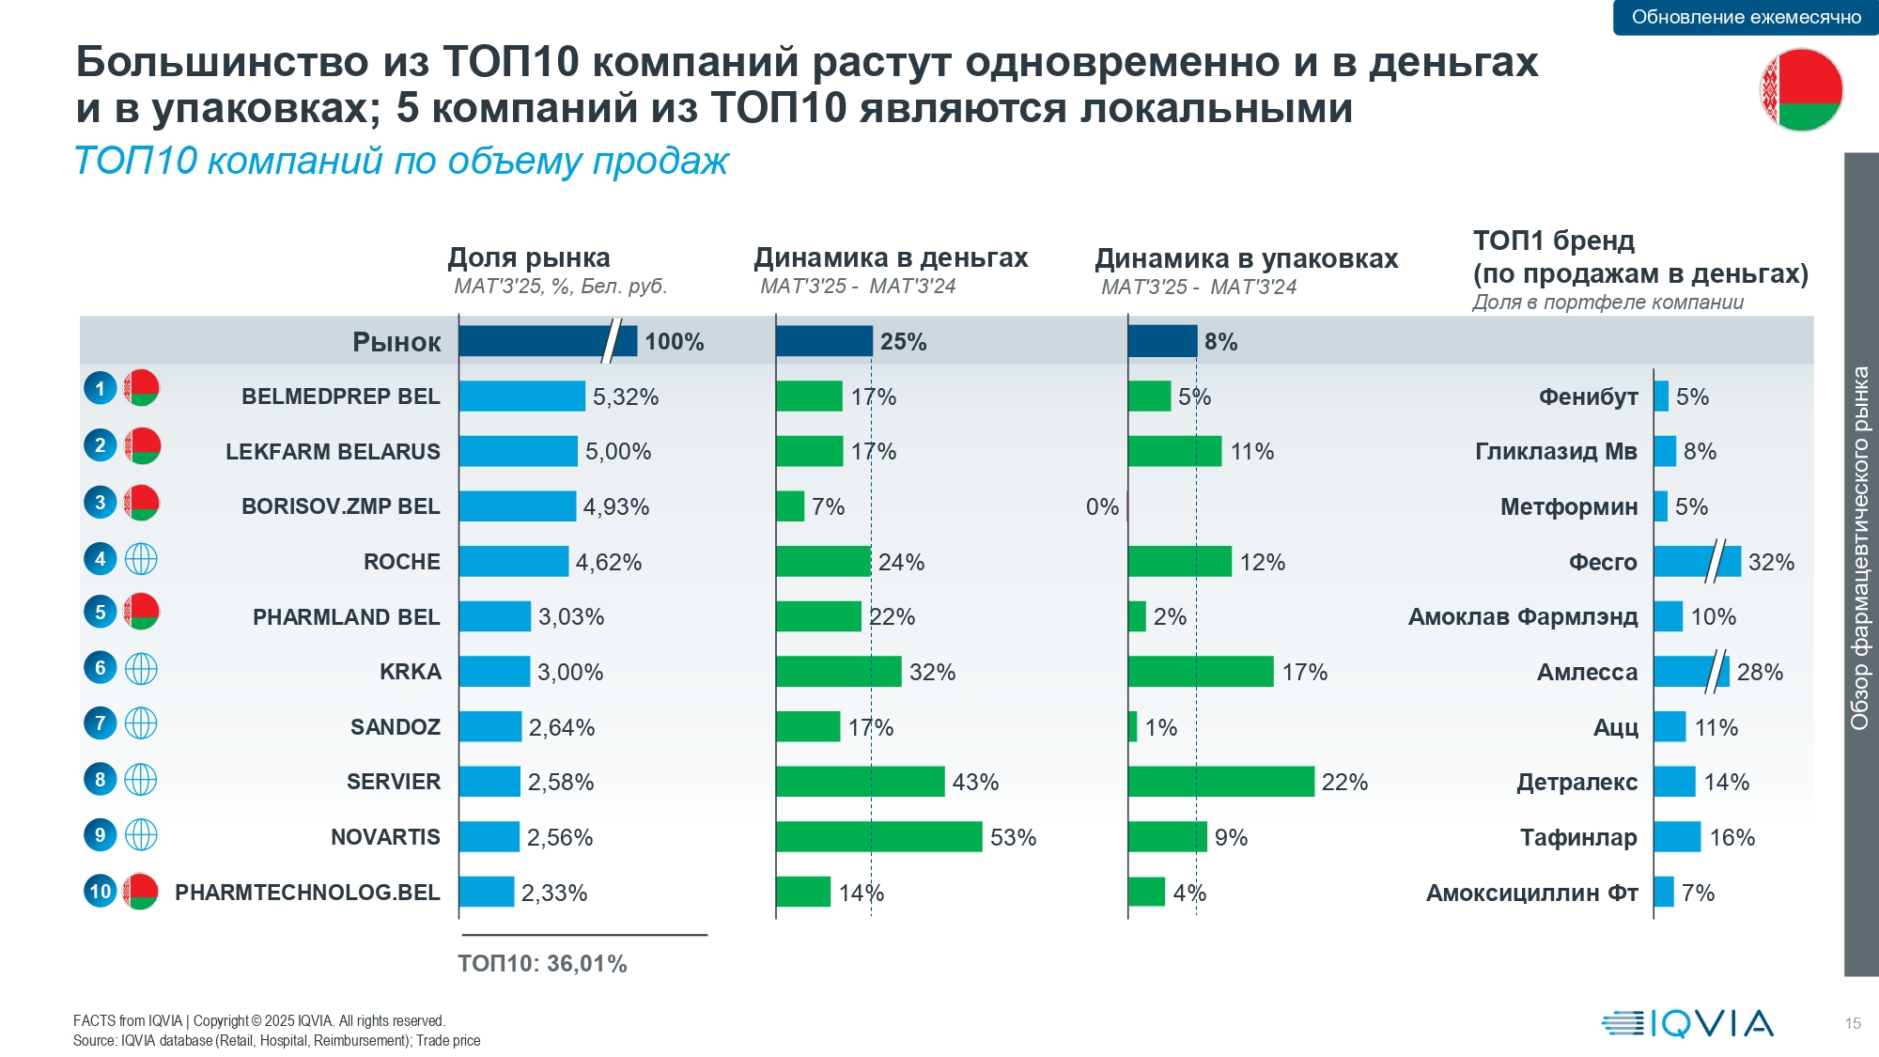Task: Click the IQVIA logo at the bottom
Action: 1687,1023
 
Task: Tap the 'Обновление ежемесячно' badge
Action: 1746,17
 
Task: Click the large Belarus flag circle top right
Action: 1801,90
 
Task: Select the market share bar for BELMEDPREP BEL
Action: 521,396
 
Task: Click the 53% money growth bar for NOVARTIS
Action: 878,837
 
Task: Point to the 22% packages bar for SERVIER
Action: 1220,782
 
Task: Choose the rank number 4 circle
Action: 101,559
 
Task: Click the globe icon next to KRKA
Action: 141,669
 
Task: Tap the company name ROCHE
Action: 401,562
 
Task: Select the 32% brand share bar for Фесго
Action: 1696,562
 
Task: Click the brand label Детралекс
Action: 1576,782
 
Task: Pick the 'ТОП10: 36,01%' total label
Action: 542,964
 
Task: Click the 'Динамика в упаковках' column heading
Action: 1246,258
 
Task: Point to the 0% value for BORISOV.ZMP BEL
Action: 1102,507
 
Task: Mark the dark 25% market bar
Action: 824,341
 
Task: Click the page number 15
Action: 1852,1023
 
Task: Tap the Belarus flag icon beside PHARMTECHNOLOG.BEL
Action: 141,891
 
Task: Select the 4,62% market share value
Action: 608,563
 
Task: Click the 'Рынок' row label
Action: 396,342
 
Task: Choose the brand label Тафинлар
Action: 1578,837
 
